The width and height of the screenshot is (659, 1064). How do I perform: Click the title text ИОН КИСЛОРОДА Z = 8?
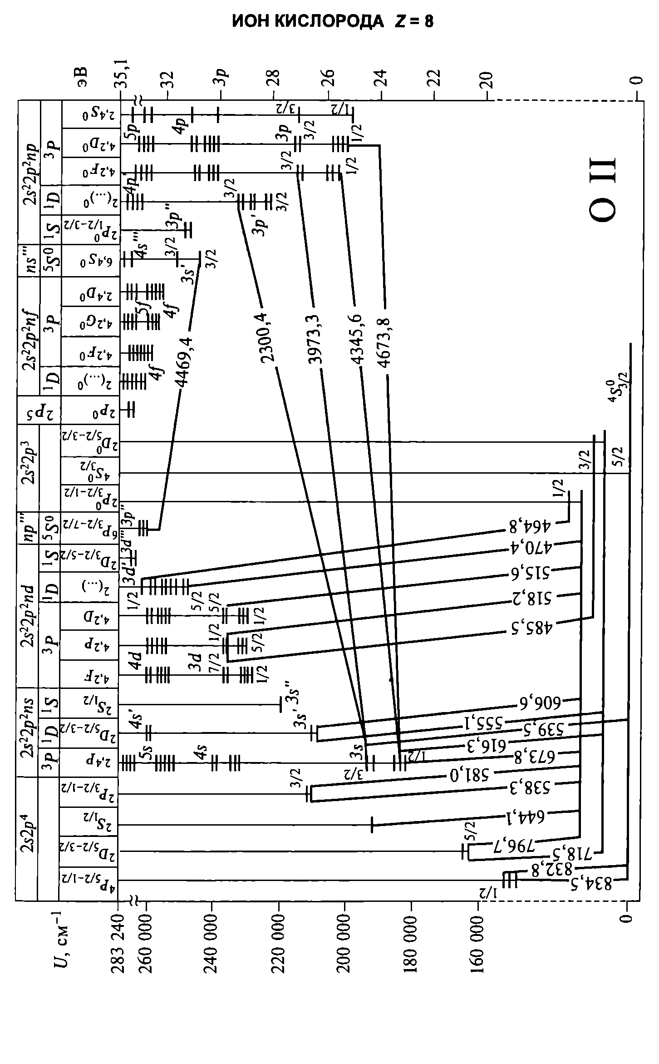pos(333,22)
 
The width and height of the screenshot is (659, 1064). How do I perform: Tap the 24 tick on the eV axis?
pos(382,79)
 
